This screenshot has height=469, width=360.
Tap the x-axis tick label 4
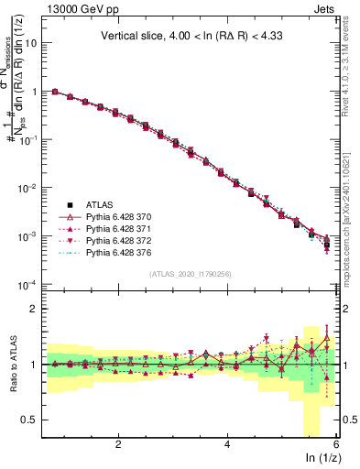point(227,444)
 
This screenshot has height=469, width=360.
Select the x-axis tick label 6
point(336,444)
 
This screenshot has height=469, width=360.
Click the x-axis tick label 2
point(118,444)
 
